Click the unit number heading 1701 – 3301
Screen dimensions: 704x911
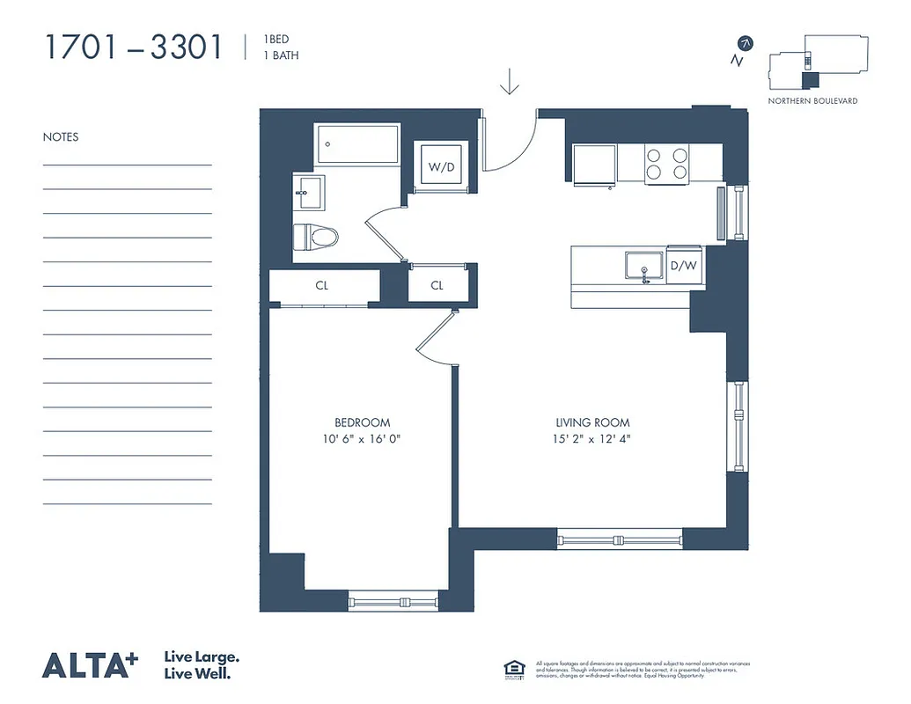tap(133, 48)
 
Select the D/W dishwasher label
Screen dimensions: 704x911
tap(685, 265)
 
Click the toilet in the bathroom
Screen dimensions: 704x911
tap(314, 238)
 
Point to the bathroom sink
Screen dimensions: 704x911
tap(309, 192)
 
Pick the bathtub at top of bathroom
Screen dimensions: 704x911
tap(359, 143)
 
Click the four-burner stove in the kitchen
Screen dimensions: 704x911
tap(667, 164)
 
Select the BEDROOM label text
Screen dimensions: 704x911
tap(362, 422)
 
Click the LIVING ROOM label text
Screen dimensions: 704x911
tap(592, 422)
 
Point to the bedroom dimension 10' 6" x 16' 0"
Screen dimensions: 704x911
tap(362, 438)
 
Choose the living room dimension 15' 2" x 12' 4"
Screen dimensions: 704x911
tap(592, 438)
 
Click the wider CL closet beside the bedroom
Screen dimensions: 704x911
tap(322, 286)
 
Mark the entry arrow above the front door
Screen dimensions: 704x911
tap(510, 81)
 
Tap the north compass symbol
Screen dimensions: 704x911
tap(745, 44)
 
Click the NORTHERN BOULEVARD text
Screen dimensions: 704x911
tap(812, 101)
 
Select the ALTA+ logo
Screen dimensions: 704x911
tap(91, 665)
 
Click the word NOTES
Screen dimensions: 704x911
tap(61, 137)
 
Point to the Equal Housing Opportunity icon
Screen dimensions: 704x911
tap(512, 669)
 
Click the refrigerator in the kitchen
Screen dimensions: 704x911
tap(594, 165)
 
